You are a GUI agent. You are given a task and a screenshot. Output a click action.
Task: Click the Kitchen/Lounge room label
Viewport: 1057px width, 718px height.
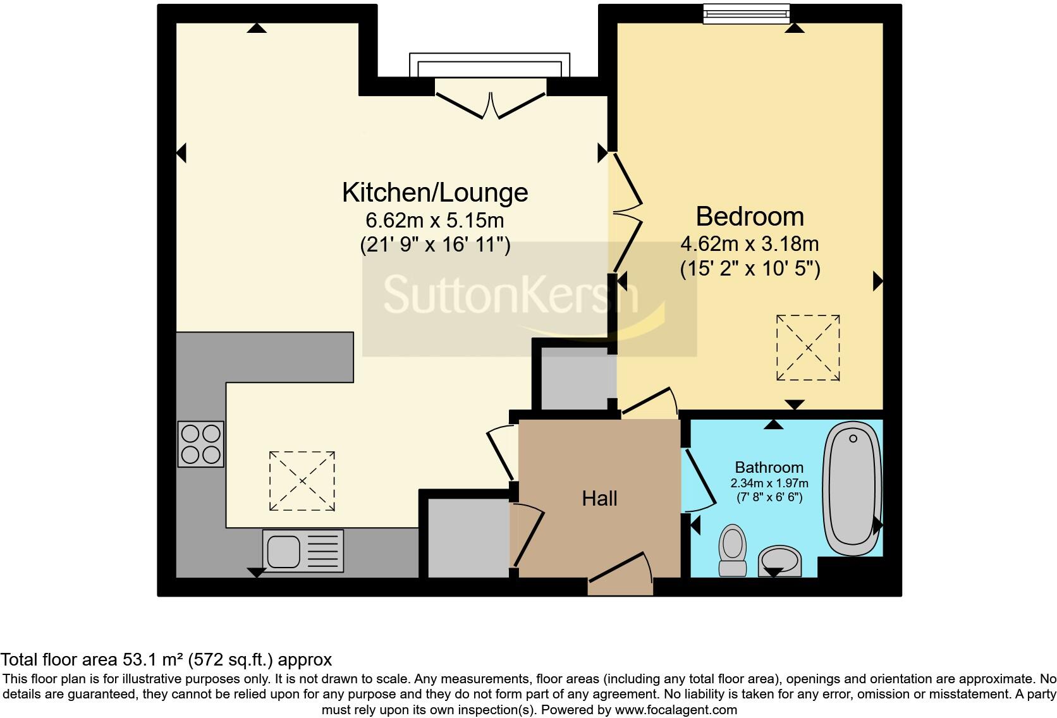click(435, 192)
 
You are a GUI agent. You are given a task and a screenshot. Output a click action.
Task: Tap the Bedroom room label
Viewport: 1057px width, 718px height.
click(750, 217)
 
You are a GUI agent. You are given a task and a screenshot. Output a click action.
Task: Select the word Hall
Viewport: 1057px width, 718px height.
click(599, 499)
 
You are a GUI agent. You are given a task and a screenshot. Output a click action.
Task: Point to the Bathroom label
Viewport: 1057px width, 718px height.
click(769, 468)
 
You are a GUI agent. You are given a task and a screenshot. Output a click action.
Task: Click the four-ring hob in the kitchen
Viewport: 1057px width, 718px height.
click(201, 444)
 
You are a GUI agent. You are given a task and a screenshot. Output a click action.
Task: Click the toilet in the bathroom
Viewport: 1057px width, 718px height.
click(733, 549)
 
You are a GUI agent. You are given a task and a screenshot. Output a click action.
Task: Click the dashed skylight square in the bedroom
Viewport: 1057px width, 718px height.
click(808, 348)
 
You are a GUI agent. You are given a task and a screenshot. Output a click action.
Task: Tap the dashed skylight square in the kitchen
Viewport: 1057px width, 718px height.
click(302, 481)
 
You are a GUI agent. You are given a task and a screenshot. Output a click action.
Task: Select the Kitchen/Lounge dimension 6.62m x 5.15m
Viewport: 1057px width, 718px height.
click(435, 221)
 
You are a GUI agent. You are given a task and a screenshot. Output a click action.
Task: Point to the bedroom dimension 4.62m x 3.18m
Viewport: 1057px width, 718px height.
click(750, 244)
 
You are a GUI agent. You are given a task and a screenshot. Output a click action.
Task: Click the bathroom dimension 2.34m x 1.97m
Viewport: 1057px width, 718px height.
click(769, 484)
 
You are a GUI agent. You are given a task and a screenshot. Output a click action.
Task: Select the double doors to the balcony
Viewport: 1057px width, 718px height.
click(491, 104)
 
